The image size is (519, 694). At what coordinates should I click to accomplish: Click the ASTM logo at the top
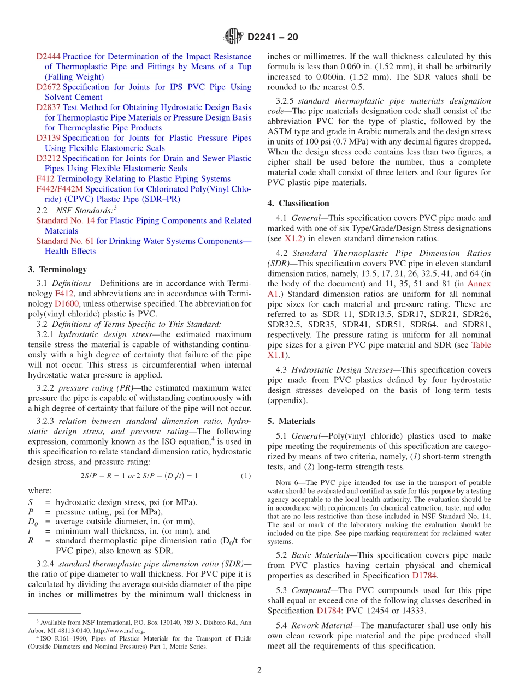click(233, 37)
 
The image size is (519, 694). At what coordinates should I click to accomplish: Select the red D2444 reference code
click(49, 57)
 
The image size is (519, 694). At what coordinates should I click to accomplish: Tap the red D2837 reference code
click(49, 107)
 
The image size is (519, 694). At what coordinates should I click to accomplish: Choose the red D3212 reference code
click(49, 158)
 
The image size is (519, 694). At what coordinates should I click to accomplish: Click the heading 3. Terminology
click(57, 270)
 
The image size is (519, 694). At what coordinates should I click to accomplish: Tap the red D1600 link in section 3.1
click(65, 303)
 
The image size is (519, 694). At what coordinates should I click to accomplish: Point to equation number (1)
click(246, 476)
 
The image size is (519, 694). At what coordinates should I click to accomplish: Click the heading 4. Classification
click(298, 203)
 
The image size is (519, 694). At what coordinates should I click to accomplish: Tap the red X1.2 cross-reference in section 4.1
click(293, 238)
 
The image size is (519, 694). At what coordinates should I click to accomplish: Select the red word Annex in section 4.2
click(479, 284)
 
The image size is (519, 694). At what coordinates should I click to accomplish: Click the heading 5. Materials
click(291, 421)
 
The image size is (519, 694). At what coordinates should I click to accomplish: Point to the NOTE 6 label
click(287, 483)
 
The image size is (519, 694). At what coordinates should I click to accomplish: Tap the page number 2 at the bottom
click(259, 670)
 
